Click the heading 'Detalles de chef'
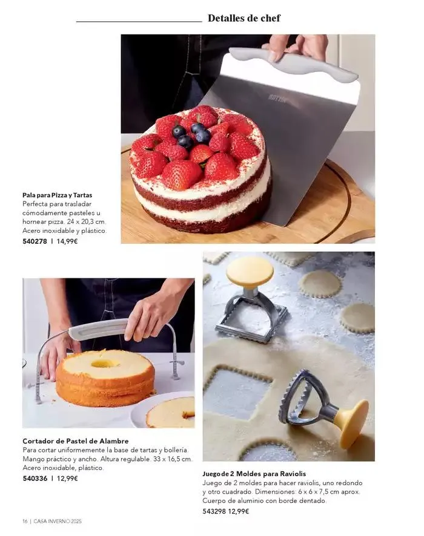(x=244, y=18)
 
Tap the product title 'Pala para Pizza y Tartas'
(x=58, y=195)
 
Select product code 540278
(x=35, y=241)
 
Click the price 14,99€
(x=67, y=241)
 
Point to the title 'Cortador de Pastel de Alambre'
(x=76, y=441)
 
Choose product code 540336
(x=35, y=479)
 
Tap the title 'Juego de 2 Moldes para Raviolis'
(x=254, y=474)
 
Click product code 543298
(x=214, y=511)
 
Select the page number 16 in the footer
(x=25, y=521)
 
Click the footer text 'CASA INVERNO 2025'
(x=58, y=521)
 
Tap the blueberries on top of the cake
(x=191, y=135)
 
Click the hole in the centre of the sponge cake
(x=105, y=364)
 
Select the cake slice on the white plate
(x=170, y=413)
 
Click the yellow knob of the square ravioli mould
(x=250, y=272)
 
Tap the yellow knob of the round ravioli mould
(x=351, y=424)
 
